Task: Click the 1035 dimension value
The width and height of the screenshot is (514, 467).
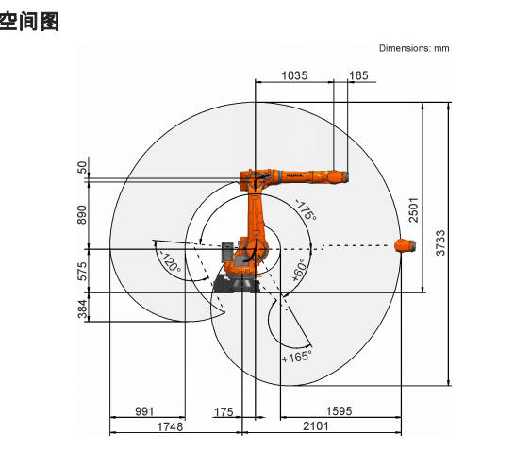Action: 294,75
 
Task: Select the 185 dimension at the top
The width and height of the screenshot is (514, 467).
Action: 358,75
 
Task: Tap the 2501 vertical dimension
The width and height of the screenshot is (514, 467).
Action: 414,209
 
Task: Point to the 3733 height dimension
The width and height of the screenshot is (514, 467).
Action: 440,242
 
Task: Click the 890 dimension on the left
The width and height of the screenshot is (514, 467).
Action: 82,215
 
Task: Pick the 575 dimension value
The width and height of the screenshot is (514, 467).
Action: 82,271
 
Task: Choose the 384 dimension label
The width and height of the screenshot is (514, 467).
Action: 82,309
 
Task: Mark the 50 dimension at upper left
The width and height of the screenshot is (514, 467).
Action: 82,167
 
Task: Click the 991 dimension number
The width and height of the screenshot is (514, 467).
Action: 144,411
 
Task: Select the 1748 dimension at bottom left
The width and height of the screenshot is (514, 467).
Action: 170,426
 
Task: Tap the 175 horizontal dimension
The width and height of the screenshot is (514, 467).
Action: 224,412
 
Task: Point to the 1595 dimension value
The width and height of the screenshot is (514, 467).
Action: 339,411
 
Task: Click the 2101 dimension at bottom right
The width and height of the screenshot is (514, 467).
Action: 315,426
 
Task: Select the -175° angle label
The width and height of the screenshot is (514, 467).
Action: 307,209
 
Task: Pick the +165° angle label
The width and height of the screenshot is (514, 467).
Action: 297,357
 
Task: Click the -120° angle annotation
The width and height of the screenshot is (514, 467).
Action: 170,262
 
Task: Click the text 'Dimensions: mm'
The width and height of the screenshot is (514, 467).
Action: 414,48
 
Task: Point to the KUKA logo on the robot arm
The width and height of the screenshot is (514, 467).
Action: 294,175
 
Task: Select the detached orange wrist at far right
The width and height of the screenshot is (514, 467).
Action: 406,245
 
